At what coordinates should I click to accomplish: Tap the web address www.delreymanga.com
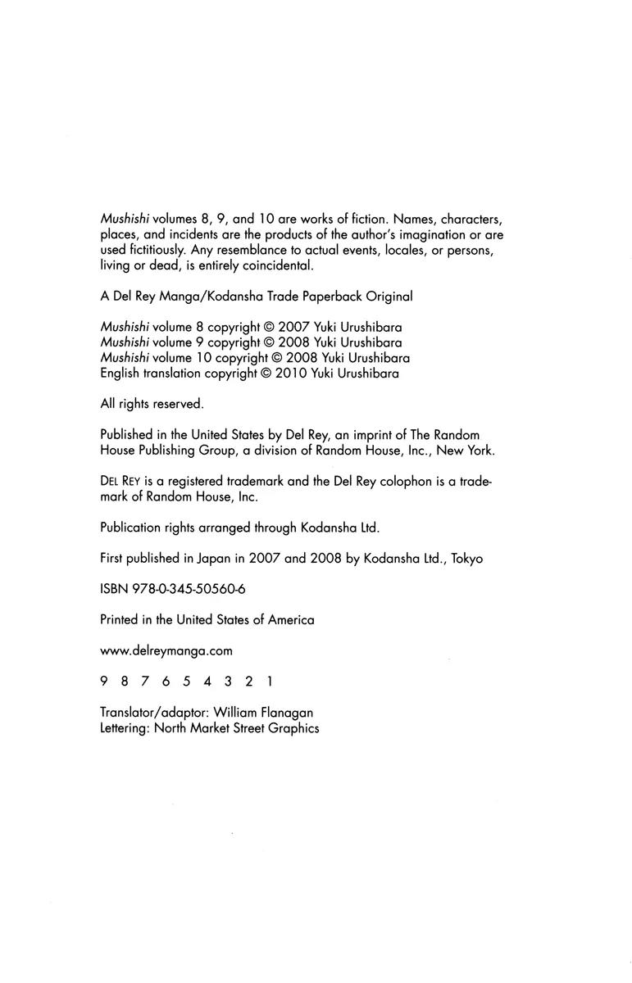click(x=166, y=650)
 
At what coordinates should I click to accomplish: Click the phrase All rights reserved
click(x=152, y=403)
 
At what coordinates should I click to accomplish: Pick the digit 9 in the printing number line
click(x=103, y=682)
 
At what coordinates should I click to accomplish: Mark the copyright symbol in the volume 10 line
click(x=275, y=357)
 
